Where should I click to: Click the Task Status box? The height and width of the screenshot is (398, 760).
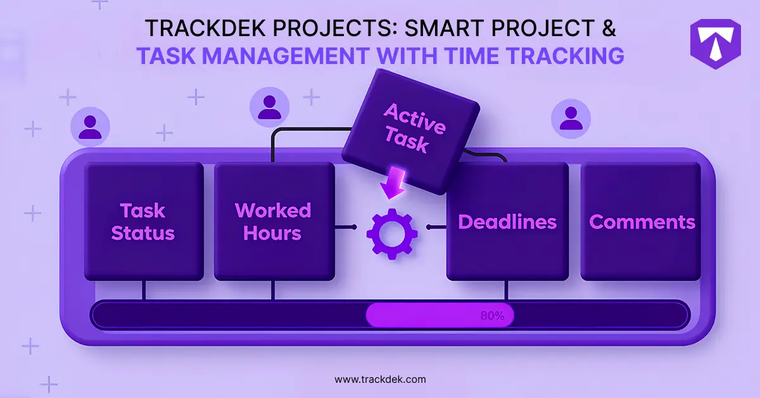click(143, 221)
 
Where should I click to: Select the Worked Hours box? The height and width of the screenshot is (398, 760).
click(273, 221)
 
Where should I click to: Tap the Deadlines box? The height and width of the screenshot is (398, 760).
click(507, 222)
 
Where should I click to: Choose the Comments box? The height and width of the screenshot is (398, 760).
click(642, 222)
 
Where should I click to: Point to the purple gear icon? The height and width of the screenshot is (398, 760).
click(392, 233)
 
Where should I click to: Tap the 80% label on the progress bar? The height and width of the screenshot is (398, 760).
click(492, 316)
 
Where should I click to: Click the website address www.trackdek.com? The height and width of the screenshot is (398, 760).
click(380, 380)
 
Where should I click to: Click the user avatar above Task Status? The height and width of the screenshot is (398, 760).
click(90, 125)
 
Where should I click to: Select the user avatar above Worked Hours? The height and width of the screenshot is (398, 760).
click(270, 106)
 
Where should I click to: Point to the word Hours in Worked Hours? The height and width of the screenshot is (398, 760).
click(272, 233)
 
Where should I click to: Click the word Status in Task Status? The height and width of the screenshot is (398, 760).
click(143, 233)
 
